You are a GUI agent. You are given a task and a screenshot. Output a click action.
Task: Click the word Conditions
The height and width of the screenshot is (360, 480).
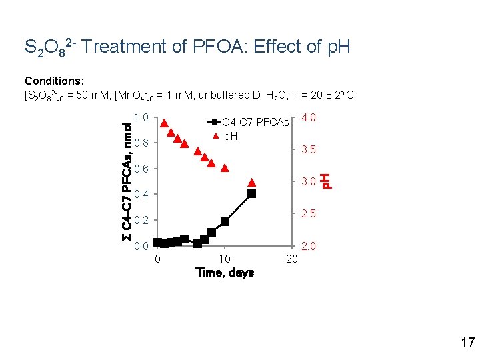pos(53,81)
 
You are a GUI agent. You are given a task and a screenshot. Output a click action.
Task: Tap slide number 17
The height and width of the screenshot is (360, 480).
pos(467,343)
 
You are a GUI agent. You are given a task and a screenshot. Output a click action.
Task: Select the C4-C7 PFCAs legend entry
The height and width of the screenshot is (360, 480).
pos(255,123)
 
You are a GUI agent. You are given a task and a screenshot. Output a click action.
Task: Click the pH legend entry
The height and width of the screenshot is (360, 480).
pos(230,137)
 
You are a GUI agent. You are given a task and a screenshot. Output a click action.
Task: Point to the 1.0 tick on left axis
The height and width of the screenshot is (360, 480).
pos(141,118)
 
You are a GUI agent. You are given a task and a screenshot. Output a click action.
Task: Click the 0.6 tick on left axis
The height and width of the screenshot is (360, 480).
pos(141,169)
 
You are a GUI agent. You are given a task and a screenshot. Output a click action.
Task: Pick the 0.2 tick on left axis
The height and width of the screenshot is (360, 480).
pos(141,221)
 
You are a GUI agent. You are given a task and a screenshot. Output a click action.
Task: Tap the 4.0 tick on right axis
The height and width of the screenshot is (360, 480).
pos(308,118)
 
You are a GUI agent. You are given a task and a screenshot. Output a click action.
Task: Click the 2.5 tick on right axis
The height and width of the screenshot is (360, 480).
pos(308,214)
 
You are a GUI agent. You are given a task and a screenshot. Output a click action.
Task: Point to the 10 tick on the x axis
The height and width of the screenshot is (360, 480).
pos(225,259)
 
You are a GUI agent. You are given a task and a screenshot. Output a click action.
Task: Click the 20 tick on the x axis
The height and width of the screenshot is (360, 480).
pos(291,259)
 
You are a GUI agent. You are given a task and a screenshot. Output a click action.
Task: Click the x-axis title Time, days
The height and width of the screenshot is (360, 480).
pos(224,273)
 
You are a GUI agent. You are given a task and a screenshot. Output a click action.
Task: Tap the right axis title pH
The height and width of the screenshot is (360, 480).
pos(325,181)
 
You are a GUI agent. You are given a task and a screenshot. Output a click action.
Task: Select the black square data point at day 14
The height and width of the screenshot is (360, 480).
pos(251,194)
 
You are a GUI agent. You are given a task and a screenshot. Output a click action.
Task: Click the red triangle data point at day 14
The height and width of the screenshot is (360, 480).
pos(251,182)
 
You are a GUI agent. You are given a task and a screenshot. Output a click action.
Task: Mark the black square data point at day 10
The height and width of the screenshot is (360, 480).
pos(225,221)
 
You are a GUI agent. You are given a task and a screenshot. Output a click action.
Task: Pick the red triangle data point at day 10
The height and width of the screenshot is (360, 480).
pos(225,168)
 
